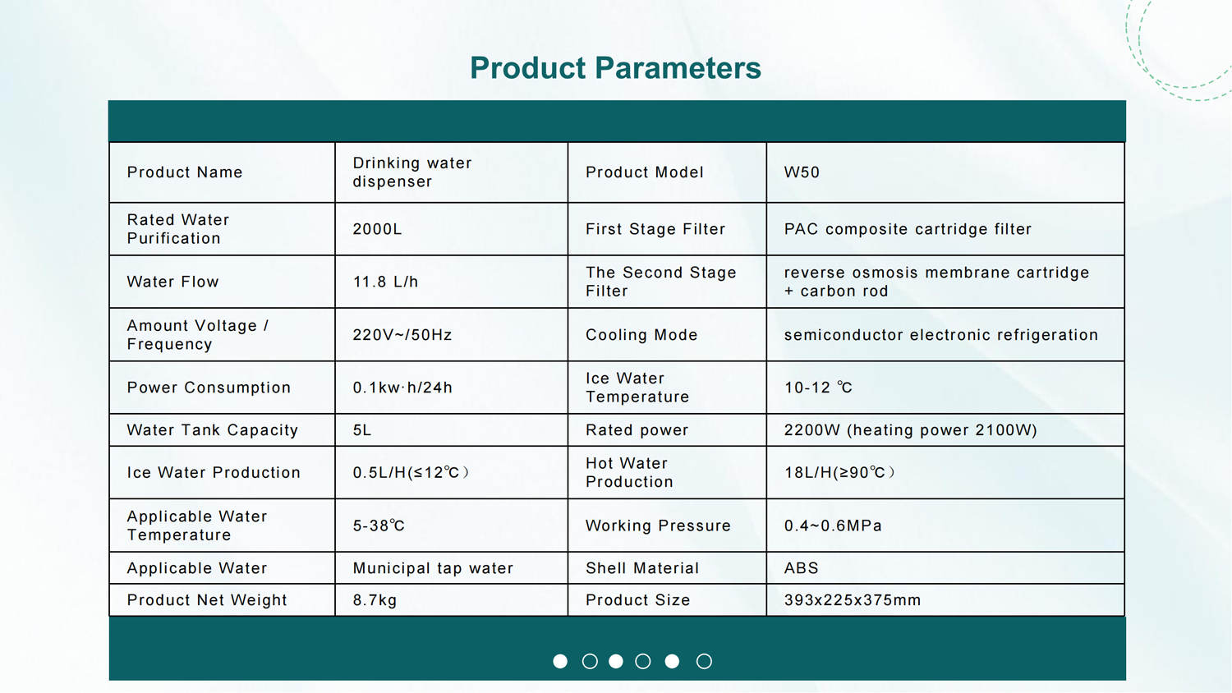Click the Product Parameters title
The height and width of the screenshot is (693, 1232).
tap(615, 68)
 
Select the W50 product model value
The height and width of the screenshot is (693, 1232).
tap(802, 172)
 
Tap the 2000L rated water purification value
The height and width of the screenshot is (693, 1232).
tap(377, 229)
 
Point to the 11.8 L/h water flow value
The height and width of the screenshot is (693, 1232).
tap(385, 282)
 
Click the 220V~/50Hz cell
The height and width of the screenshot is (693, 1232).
tap(402, 335)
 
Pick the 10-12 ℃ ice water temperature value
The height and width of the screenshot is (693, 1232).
tap(818, 388)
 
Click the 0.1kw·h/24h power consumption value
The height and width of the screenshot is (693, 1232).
tap(402, 388)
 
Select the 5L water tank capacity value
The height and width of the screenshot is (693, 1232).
tap(362, 430)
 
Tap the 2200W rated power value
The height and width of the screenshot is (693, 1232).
tap(910, 430)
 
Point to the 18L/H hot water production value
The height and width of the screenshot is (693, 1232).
tap(839, 473)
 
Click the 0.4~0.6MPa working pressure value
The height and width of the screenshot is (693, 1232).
tap(833, 525)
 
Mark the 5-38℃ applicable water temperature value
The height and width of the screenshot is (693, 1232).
tap(379, 525)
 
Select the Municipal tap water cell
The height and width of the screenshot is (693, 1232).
tap(433, 568)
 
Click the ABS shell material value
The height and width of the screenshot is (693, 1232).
tap(801, 568)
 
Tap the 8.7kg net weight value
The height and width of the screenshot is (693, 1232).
tap(375, 600)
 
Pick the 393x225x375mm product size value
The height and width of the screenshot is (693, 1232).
tap(853, 600)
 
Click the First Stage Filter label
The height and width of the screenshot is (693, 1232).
tap(655, 229)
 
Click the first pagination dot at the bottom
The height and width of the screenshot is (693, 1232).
tap(560, 661)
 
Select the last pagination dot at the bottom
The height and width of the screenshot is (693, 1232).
tap(704, 661)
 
